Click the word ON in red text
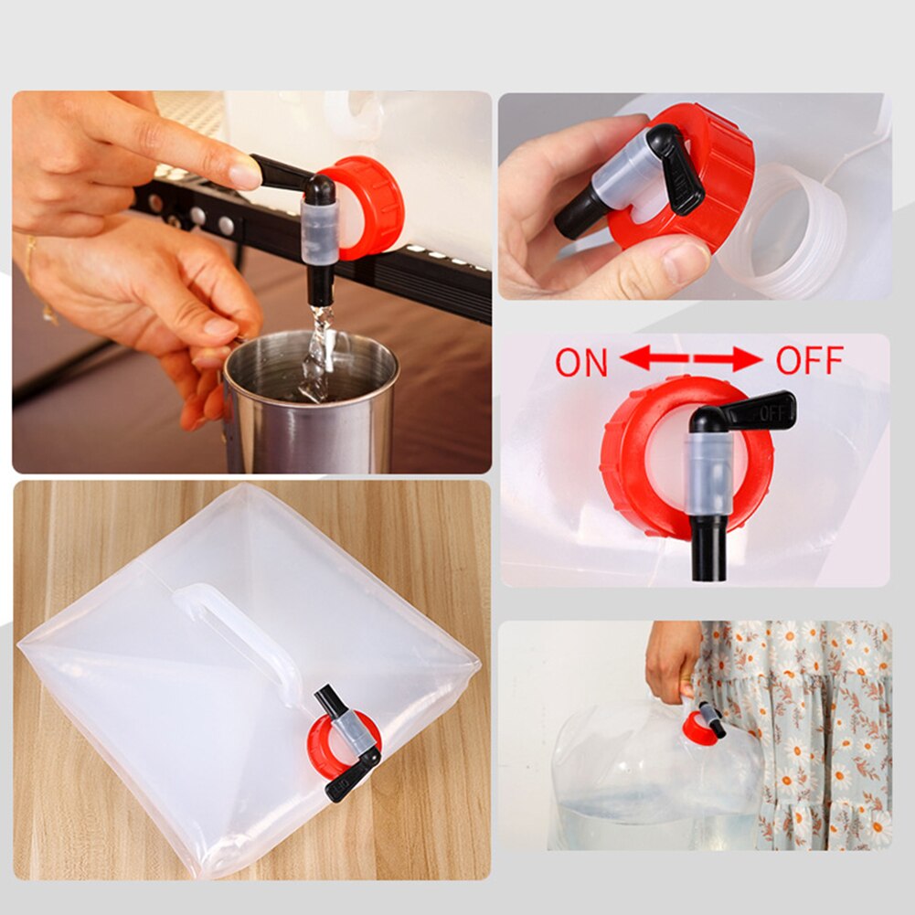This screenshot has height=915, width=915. click(581, 362)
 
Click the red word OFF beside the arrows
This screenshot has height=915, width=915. click(808, 360)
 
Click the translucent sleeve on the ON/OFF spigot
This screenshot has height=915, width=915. click(709, 471)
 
